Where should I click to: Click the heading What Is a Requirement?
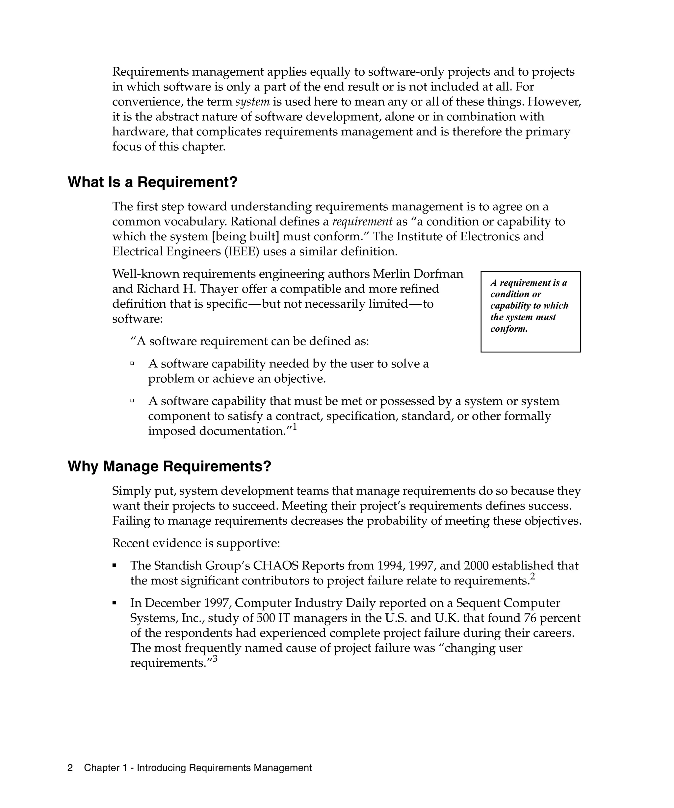tap(152, 182)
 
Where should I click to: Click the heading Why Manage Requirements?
tap(169, 466)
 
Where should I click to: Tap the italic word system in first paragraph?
tap(252, 102)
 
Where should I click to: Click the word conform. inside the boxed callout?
tap(509, 329)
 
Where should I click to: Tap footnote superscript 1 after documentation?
tap(295, 427)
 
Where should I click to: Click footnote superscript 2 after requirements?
tap(533, 576)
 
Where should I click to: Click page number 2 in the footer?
tap(70, 768)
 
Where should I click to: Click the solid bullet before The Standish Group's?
tap(115, 566)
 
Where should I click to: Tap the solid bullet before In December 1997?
tap(115, 603)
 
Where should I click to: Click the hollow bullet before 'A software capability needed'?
tap(132, 363)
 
